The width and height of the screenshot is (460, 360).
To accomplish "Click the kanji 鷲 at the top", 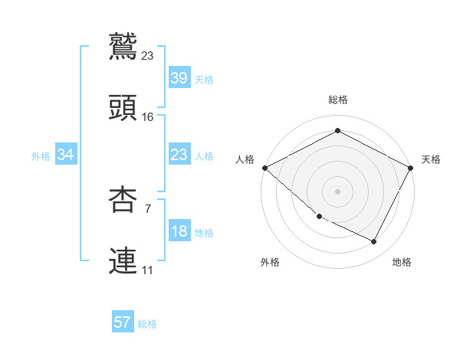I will pos(123,45).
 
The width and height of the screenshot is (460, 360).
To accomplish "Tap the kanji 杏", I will pos(123,199).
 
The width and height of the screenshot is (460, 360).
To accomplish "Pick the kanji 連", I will pos(123,260).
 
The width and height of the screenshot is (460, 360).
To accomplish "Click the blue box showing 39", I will pos(179,79).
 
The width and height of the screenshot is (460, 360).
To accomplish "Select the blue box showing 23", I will pos(179,155).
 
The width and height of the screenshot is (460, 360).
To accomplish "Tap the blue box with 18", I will pos(179,232).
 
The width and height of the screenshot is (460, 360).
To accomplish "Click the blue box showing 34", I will pos(66,155).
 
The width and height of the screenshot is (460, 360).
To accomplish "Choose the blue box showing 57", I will pos(123,322).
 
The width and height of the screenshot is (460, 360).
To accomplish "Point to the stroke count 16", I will pos(148,117).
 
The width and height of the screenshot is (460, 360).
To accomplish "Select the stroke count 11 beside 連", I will pos(148,270).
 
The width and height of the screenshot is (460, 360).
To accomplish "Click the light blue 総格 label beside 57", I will pos(147,324).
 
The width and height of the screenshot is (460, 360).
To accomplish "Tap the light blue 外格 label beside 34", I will pos(41,156).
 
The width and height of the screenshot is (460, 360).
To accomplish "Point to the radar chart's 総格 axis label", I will pos(337,100).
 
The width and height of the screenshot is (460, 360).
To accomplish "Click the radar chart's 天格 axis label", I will pos(431,159).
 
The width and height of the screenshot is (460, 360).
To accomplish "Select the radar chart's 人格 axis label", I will pos(245,159).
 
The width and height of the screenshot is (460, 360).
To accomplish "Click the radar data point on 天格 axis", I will pos(411,168).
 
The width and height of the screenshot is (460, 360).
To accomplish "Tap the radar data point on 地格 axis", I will pos(374,242).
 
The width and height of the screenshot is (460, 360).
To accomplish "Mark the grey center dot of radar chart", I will pos(337,191).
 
